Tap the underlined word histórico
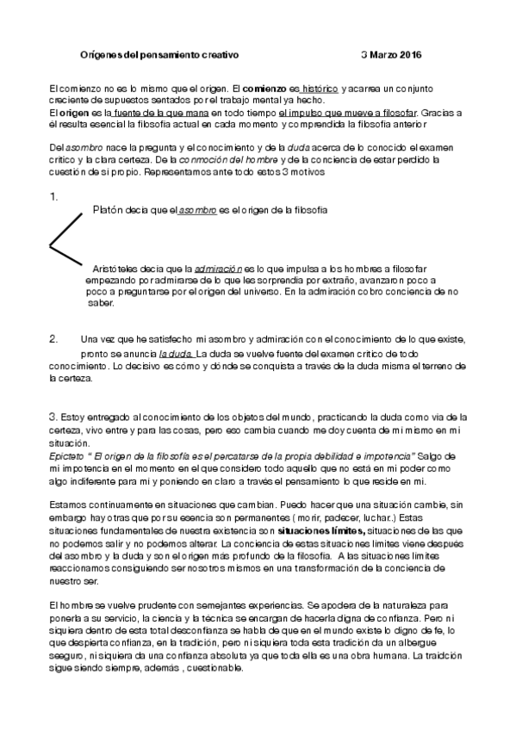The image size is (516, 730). pyautogui.click(x=320, y=89)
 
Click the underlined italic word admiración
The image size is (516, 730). pyautogui.click(x=221, y=269)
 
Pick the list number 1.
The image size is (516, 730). pyautogui.click(x=53, y=197)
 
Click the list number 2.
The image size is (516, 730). pyautogui.click(x=53, y=338)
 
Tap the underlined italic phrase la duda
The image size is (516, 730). pyautogui.click(x=176, y=354)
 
